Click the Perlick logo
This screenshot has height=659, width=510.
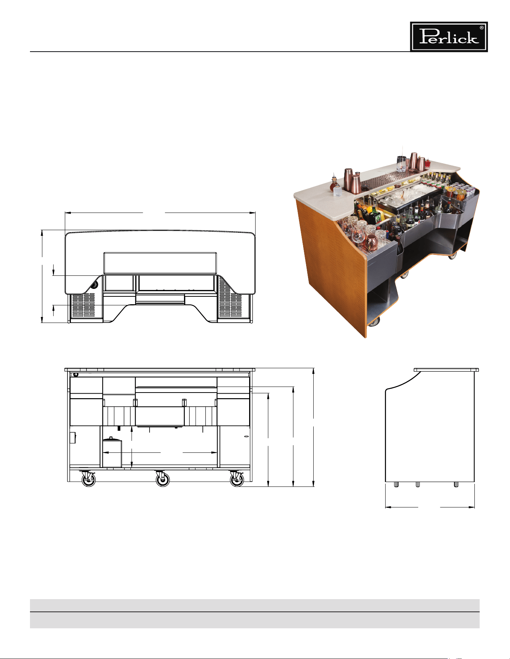(449, 37)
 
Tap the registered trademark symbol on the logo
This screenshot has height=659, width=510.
(482, 28)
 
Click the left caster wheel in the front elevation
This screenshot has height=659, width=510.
(88, 479)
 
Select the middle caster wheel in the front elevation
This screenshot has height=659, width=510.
(162, 479)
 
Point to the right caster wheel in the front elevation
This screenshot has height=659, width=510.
(236, 479)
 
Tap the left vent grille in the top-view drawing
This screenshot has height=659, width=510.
(84, 305)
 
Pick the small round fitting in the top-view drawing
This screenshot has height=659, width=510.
(94, 285)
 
